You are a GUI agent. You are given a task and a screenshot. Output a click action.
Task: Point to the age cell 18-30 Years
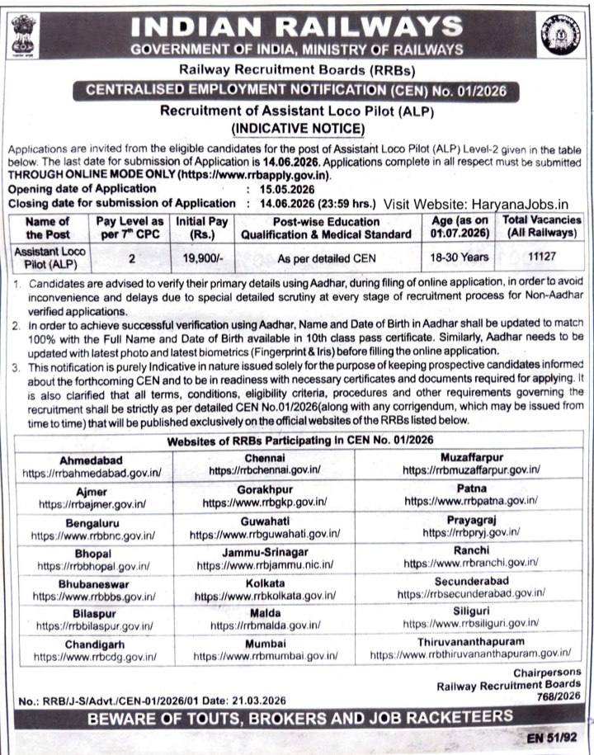click(459, 257)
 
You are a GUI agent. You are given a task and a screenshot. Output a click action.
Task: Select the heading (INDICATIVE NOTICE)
click(297, 128)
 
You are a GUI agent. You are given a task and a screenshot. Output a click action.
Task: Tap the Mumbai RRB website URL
click(266, 655)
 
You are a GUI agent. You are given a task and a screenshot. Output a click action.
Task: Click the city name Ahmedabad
click(92, 459)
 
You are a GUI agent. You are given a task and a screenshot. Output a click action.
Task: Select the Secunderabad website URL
click(470, 593)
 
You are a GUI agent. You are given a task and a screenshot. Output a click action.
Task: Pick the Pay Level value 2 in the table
click(132, 257)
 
